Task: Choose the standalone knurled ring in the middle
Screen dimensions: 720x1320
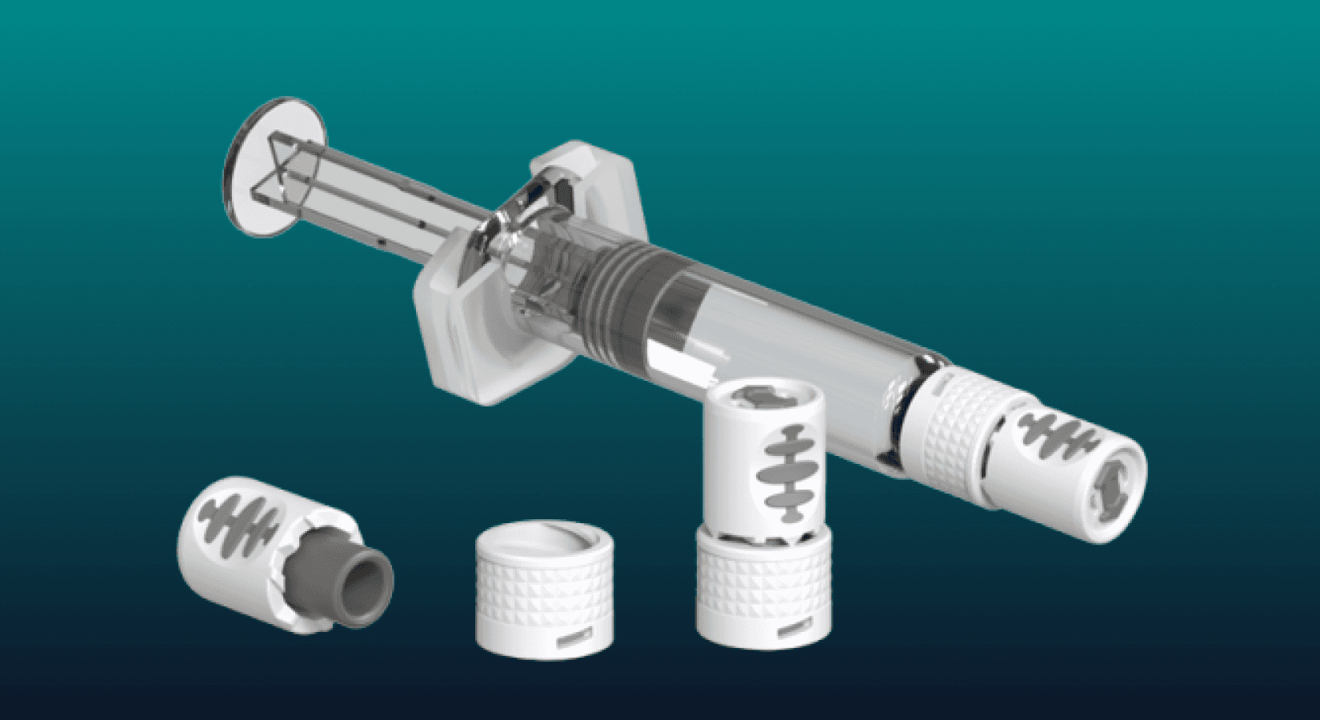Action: coord(544,592)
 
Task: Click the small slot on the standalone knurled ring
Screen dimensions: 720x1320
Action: coord(574,638)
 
